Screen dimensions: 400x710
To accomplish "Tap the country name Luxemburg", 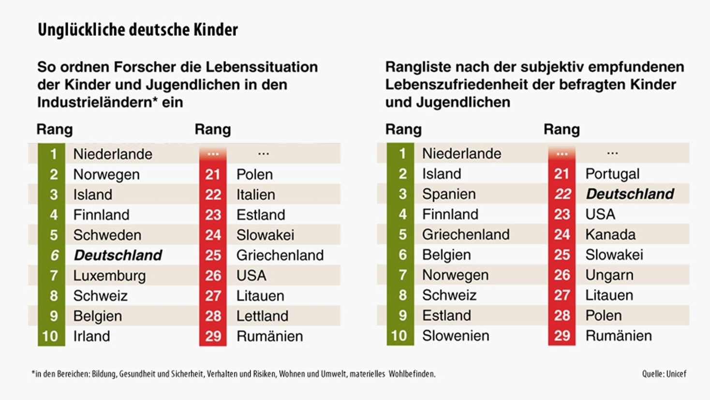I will pos(109,276).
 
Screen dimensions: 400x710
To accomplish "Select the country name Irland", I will pos(91,336).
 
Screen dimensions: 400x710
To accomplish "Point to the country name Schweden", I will pos(107,235).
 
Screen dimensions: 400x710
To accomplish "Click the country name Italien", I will pos(255,194).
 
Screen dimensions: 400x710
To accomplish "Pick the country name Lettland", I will pos(262,316).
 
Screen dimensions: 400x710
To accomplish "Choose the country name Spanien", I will pos(449,194).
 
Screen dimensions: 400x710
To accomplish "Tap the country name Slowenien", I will pos(456,336).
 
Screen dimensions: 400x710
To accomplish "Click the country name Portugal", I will pos(612,174).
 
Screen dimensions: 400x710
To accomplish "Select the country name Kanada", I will pos(610,235).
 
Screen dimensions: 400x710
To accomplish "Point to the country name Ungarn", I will pos(609,275).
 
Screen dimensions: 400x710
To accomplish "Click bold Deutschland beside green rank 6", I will pos(118,255).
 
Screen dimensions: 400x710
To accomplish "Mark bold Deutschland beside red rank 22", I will pos(630,194).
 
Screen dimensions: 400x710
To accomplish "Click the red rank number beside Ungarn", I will pos(562,275).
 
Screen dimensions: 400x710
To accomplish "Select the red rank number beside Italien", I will pos(213,194).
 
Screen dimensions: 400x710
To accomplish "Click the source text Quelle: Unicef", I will pos(664,374).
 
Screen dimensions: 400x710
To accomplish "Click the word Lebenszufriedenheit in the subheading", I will pos(457,85).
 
